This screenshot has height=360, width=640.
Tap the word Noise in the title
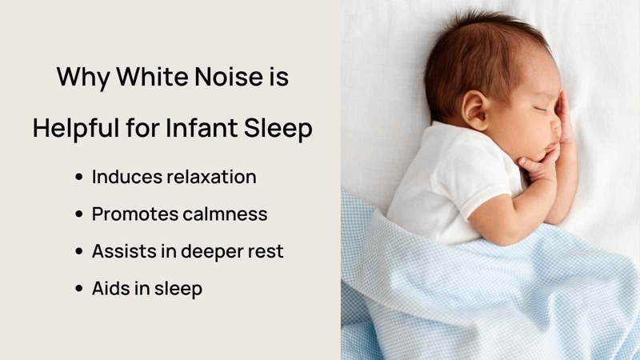point(229,76)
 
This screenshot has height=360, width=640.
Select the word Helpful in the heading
point(76,127)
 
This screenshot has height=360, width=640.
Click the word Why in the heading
point(84,78)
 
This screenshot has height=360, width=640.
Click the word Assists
point(124,251)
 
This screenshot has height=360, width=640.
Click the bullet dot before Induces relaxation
point(79,177)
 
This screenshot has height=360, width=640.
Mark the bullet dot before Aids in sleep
point(79,289)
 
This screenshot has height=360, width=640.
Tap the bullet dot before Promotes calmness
point(79,214)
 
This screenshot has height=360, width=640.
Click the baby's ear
point(475,110)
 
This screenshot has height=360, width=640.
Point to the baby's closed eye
point(540,109)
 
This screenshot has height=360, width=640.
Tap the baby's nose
point(555,125)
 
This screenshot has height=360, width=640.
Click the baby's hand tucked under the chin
point(538,164)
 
